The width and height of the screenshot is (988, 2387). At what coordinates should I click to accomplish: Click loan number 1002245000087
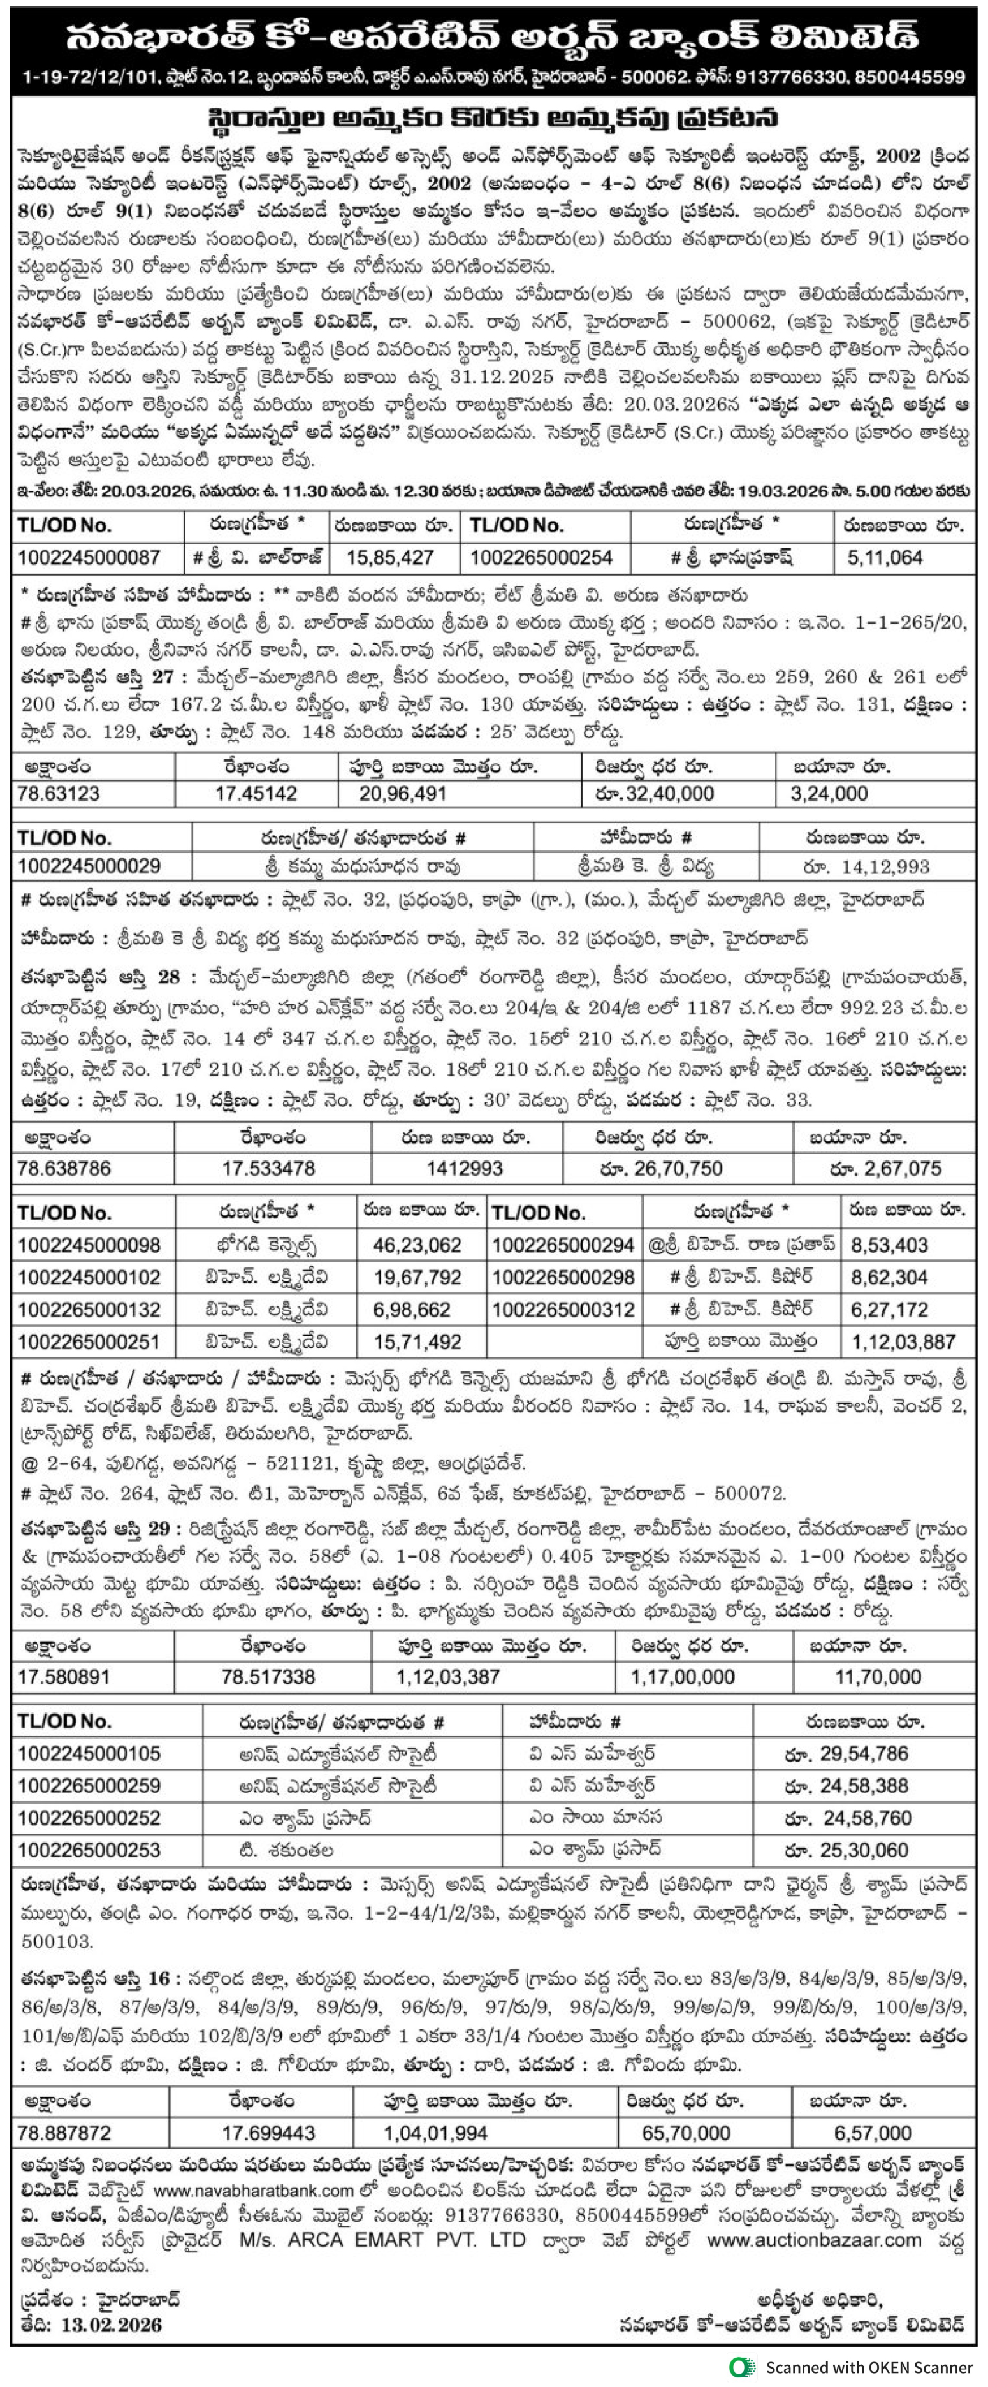[89, 558]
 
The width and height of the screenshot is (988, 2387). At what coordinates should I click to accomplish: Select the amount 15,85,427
[390, 558]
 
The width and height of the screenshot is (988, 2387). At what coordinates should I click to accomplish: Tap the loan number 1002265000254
[541, 558]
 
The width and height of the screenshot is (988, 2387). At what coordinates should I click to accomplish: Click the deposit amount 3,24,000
[829, 794]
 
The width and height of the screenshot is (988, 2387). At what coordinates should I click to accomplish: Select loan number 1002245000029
[89, 866]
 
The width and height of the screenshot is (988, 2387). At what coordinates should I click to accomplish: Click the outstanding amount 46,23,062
[417, 1245]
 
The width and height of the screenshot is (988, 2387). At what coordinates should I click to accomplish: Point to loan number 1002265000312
[563, 1310]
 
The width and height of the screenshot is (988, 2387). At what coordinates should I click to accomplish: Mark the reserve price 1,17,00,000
[683, 1677]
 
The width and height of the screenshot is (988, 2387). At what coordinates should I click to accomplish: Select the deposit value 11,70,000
[878, 1677]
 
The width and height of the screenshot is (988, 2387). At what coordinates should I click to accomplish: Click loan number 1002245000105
[89, 1754]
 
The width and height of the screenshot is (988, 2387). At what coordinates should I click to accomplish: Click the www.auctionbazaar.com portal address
[814, 2240]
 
